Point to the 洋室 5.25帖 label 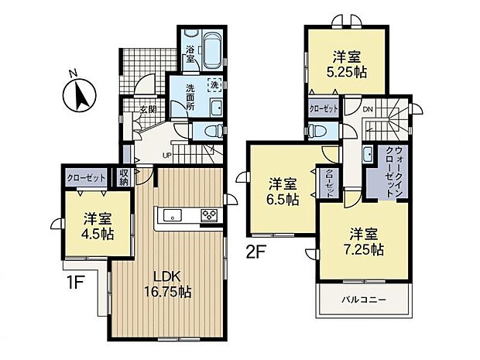(350, 63)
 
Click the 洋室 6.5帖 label (283, 190)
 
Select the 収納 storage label (125, 177)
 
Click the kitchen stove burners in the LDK (210, 216)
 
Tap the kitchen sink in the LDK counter (171, 215)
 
